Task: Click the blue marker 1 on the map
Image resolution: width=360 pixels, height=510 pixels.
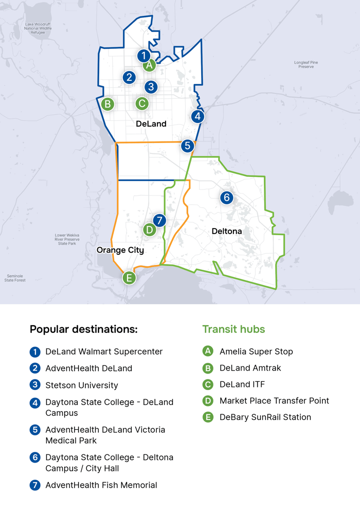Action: pyautogui.click(x=143, y=56)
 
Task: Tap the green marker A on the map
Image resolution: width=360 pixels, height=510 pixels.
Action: pyautogui.click(x=149, y=65)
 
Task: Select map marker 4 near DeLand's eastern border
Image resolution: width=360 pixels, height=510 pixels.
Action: pyautogui.click(x=197, y=116)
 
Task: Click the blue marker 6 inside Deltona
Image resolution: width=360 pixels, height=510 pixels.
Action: pyautogui.click(x=226, y=197)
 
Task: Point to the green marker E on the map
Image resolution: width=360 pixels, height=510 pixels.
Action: pyautogui.click(x=129, y=278)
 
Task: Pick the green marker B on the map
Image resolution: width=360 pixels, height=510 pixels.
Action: pyautogui.click(x=107, y=104)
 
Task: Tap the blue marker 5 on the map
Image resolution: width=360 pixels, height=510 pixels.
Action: pyautogui.click(x=188, y=146)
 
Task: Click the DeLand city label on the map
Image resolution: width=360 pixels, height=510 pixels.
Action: pyautogui.click(x=151, y=124)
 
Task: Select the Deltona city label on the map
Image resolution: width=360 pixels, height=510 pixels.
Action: pyautogui.click(x=227, y=232)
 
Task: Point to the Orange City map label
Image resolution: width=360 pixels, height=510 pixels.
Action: pyautogui.click(x=120, y=250)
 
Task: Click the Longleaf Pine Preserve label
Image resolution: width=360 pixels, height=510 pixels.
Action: pyautogui.click(x=306, y=64)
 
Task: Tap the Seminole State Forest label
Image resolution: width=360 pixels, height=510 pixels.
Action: pyautogui.click(x=15, y=278)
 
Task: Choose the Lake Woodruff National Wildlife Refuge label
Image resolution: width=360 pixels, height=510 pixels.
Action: pyautogui.click(x=38, y=28)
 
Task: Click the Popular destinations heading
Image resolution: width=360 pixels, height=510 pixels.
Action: pyautogui.click(x=83, y=329)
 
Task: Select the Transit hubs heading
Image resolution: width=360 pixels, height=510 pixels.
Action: pyautogui.click(x=233, y=329)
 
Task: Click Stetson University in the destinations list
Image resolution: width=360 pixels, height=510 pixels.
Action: pyautogui.click(x=82, y=385)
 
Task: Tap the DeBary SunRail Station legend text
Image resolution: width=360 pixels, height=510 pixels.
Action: pyautogui.click(x=265, y=417)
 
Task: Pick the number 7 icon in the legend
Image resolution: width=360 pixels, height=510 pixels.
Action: pyautogui.click(x=35, y=485)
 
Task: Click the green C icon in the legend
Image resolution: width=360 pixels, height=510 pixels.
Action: pyautogui.click(x=208, y=384)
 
